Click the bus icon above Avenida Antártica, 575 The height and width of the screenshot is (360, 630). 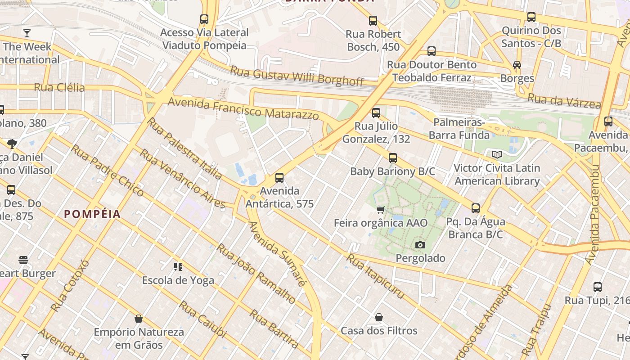[279, 178]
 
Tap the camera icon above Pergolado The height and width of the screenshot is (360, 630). [420, 245]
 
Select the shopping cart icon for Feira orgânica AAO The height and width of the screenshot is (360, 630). [381, 210]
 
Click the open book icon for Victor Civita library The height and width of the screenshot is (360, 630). [497, 155]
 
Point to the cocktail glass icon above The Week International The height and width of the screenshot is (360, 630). [27, 33]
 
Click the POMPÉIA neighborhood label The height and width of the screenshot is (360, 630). [92, 214]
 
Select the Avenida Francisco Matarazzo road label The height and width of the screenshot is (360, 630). [243, 108]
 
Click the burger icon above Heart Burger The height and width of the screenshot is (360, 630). [23, 260]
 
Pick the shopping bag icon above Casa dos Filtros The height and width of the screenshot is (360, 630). [379, 317]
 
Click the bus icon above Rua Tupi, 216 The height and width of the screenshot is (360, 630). [597, 287]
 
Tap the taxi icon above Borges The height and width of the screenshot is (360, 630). [517, 65]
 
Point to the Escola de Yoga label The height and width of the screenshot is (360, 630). [178, 280]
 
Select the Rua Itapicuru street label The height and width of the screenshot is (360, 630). [375, 276]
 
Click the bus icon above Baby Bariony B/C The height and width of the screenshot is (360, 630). [393, 158]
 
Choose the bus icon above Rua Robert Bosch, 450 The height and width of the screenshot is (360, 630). [373, 21]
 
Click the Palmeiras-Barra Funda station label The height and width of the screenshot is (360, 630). [459, 129]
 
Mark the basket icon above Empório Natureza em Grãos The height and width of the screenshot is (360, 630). [139, 319]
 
